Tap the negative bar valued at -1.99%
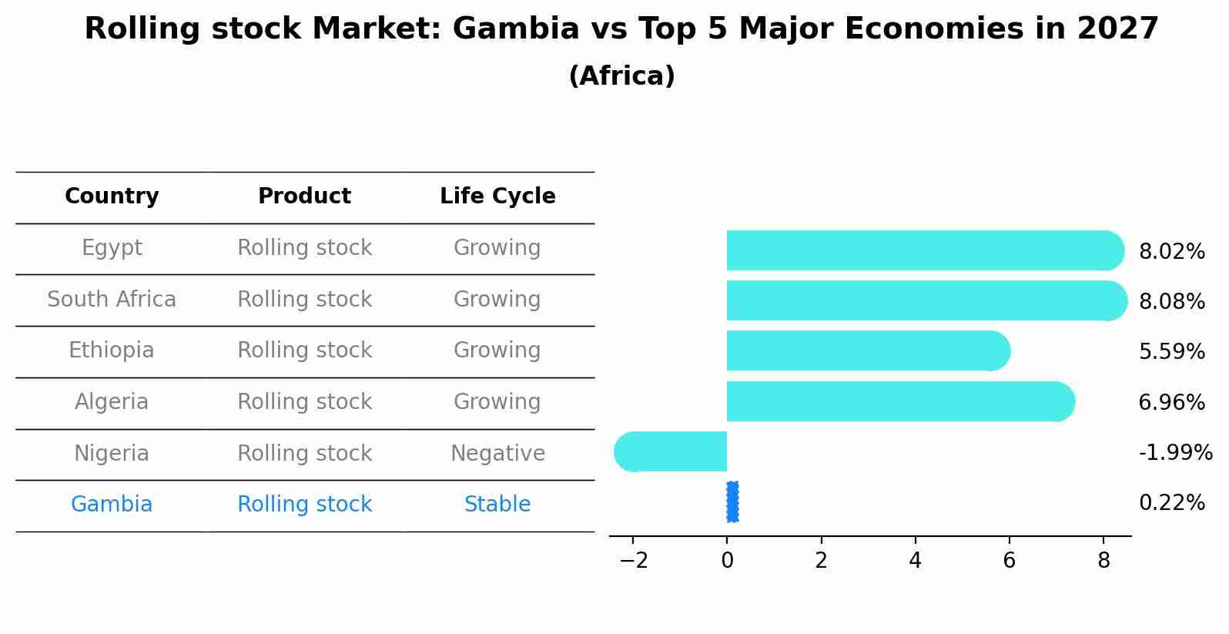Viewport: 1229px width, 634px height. (x=671, y=451)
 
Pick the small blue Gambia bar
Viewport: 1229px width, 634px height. (x=732, y=502)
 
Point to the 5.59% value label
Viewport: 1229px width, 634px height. (x=1171, y=352)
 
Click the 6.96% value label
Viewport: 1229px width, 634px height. (x=1171, y=402)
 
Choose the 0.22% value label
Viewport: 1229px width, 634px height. (x=1171, y=503)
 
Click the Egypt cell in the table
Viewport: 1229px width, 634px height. (x=112, y=248)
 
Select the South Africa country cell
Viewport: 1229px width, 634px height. (x=112, y=300)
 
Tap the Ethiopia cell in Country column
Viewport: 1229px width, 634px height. (x=112, y=351)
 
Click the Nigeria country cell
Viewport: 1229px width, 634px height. (x=112, y=454)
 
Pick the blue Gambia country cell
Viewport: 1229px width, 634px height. (x=112, y=505)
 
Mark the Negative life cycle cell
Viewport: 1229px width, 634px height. (x=497, y=454)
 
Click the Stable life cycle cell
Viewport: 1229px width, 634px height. (x=497, y=505)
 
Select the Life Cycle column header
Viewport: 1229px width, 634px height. (x=497, y=196)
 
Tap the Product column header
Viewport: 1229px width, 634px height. (x=304, y=196)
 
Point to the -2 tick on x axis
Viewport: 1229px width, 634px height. (x=633, y=561)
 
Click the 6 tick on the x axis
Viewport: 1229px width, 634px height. (x=1009, y=561)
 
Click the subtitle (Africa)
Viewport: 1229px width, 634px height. (x=621, y=76)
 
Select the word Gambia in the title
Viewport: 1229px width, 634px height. (x=515, y=29)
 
